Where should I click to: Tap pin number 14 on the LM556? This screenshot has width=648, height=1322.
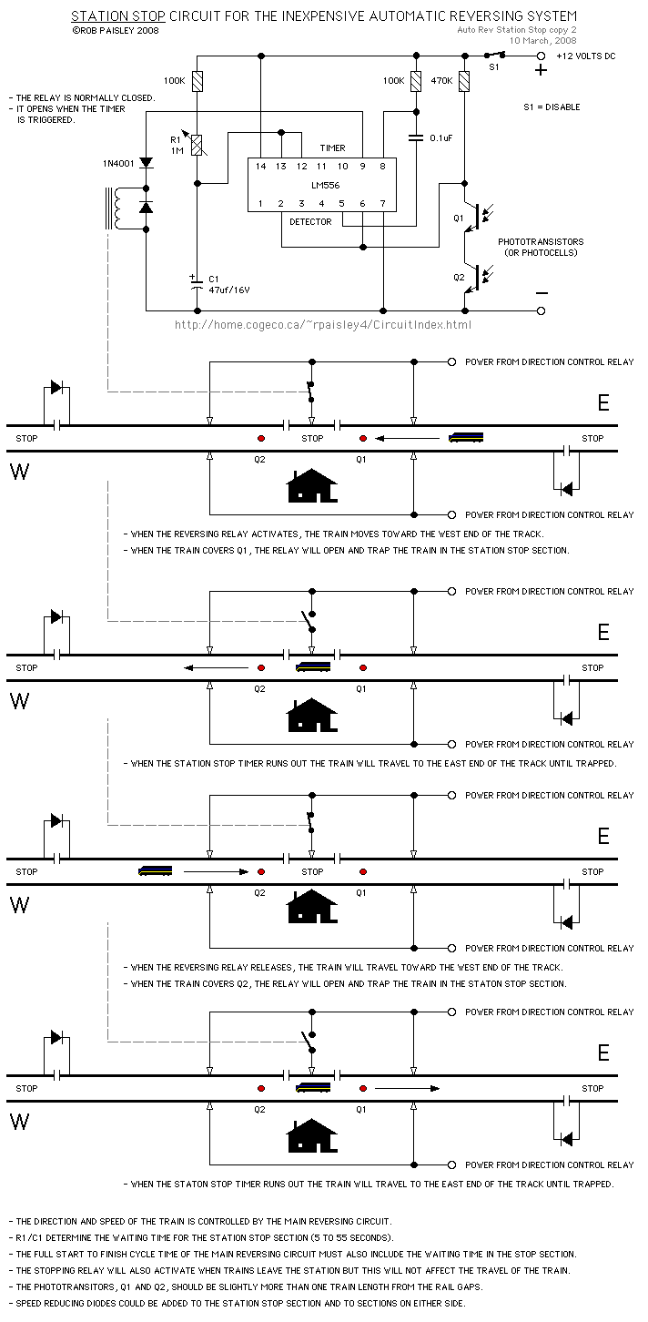tap(260, 167)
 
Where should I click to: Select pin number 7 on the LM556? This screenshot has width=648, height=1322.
tap(383, 203)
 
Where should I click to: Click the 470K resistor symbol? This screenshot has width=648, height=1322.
tap(465, 82)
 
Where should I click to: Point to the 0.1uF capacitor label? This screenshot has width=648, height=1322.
tap(442, 137)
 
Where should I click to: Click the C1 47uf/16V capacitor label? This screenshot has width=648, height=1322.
tap(228, 284)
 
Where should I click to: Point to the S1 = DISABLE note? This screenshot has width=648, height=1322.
tap(552, 107)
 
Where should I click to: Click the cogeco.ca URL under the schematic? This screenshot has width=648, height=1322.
tap(323, 324)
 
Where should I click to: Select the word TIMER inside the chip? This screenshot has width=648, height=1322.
tap(332, 147)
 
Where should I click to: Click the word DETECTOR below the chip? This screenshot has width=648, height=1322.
tap(310, 222)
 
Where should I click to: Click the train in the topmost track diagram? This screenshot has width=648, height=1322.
tap(466, 438)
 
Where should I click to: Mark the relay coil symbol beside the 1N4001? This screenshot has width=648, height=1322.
tap(116, 208)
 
